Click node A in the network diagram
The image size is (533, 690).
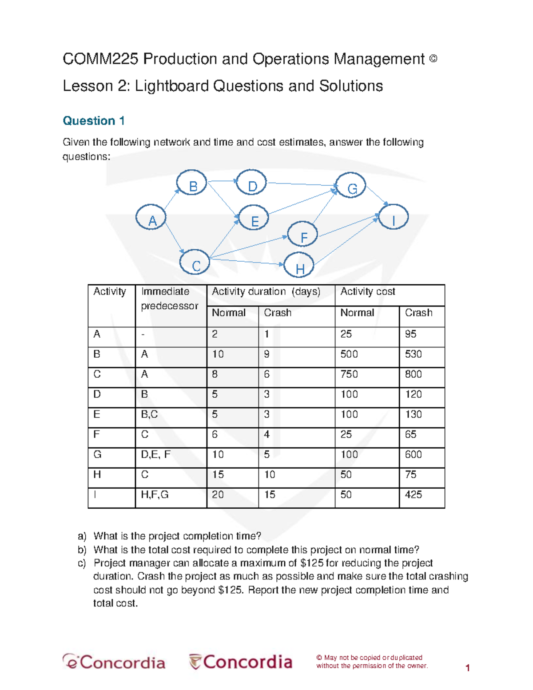pyautogui.click(x=151, y=217)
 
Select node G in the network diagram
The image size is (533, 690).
pyautogui.click(x=350, y=186)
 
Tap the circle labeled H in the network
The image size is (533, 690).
pyautogui.click(x=299, y=265)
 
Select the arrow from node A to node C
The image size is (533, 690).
pyautogui.click(x=174, y=237)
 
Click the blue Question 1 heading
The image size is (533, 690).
pyautogui.click(x=94, y=121)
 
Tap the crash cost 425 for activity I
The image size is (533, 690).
pyautogui.click(x=413, y=495)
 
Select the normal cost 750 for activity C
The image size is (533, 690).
pyautogui.click(x=349, y=374)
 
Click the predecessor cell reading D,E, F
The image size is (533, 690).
pyautogui.click(x=155, y=455)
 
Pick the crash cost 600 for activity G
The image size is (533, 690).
pyautogui.click(x=413, y=455)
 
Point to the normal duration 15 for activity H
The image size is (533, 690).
pyautogui.click(x=218, y=475)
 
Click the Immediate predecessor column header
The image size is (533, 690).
pyautogui.click(x=169, y=299)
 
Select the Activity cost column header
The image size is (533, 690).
pyautogui.click(x=367, y=291)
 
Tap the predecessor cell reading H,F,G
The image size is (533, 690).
pyautogui.click(x=155, y=495)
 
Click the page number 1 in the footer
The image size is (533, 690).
pyautogui.click(x=467, y=668)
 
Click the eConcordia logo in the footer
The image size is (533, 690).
pyautogui.click(x=114, y=662)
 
